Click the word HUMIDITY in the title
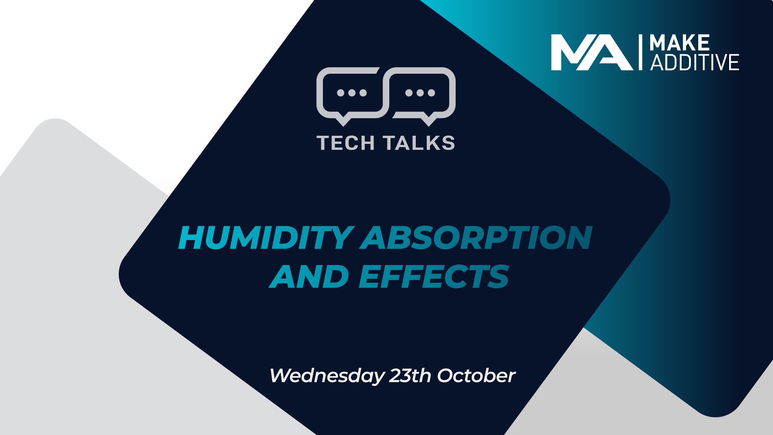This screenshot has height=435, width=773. (x=266, y=238)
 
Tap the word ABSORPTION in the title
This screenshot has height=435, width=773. (x=476, y=238)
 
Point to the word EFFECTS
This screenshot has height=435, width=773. (x=434, y=276)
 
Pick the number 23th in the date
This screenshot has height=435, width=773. (x=410, y=375)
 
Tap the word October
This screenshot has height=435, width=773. (x=476, y=375)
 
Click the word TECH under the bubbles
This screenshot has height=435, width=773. (x=346, y=143)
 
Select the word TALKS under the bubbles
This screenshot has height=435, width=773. (x=419, y=143)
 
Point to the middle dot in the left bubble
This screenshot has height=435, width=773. (x=352, y=93)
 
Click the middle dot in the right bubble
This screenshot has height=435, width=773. (x=420, y=93)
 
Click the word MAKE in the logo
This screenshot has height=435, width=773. (x=680, y=43)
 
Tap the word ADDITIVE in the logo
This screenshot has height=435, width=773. (x=694, y=62)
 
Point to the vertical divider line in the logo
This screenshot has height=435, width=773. (x=641, y=52)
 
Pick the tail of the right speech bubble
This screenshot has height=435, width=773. (x=429, y=120)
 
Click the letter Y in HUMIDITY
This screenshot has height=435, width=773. (x=342, y=238)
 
